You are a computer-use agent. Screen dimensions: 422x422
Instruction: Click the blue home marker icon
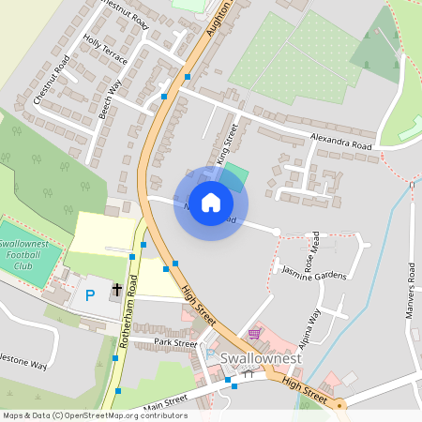pos(211,203)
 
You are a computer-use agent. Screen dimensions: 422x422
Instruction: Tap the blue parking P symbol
pos(90,294)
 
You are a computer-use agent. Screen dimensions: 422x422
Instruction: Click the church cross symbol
pos(117,289)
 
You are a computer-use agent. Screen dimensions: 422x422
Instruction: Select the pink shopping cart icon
pos(254,333)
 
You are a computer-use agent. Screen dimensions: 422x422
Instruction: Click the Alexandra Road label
pos(341,143)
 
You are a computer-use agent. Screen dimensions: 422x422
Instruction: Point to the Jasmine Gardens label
pos(314,272)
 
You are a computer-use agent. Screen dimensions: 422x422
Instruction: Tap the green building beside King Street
pos(236,174)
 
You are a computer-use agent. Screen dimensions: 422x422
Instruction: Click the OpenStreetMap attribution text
pos(95,415)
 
